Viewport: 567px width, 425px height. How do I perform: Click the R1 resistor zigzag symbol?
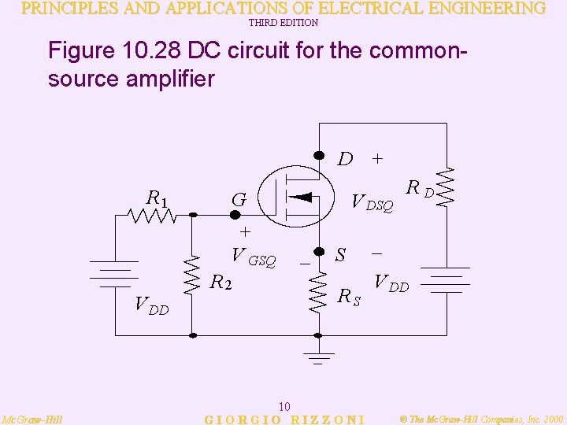tap(153, 215)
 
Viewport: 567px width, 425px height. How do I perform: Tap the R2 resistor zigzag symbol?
tap(189, 275)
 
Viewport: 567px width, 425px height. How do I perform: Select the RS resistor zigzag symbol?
tap(319, 292)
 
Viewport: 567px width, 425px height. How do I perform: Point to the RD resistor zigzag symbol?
tap(447, 187)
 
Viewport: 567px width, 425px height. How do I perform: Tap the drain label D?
tap(345, 160)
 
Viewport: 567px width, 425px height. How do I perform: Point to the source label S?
tap(341, 255)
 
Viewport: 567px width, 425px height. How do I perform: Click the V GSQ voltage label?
tap(253, 256)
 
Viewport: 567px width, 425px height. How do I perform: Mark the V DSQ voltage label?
tap(372, 202)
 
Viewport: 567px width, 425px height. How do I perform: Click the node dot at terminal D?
tap(319, 154)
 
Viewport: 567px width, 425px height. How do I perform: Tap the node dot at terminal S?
tap(319, 253)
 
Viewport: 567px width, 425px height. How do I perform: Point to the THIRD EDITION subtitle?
tap(283, 24)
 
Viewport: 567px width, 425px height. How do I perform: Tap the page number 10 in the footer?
tap(285, 406)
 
